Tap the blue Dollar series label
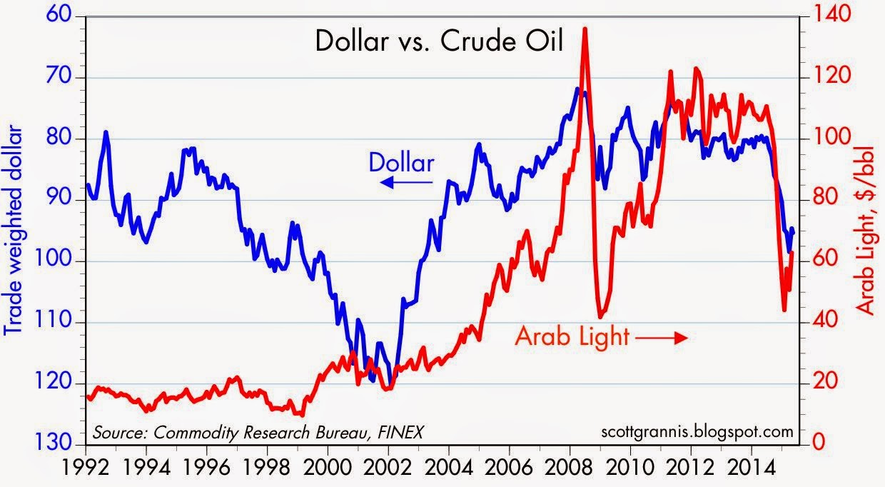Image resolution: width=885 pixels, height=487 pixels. [401, 164]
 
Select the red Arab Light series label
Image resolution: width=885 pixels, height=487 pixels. [571, 335]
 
